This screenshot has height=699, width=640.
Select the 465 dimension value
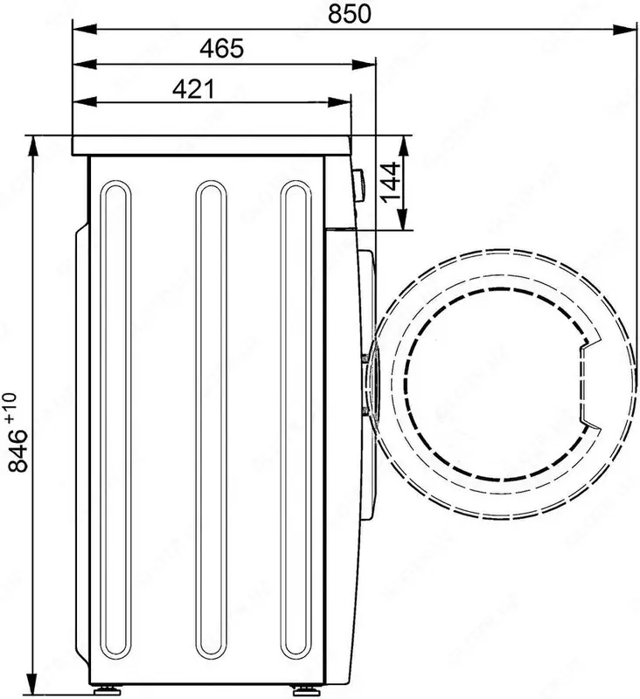(x=220, y=49)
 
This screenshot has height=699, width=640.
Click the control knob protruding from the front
(x=358, y=184)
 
